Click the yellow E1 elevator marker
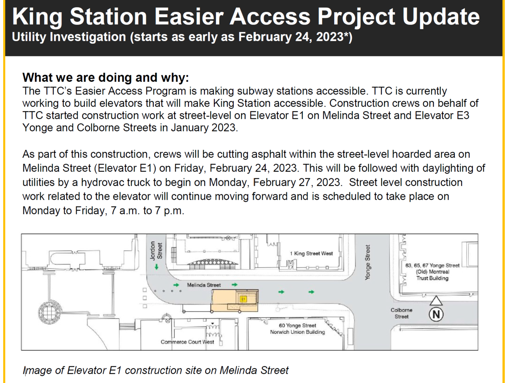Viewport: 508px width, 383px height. tap(243, 299)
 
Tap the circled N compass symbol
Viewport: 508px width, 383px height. tap(436, 315)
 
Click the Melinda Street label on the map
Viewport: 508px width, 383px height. tap(204, 285)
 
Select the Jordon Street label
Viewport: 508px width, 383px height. tap(156, 250)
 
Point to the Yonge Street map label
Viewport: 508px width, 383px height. tap(368, 263)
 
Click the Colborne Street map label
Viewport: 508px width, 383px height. tap(402, 313)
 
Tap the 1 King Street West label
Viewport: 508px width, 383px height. tap(311, 253)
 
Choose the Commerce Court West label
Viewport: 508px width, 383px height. tap(187, 342)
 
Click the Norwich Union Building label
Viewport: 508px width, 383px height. tap(298, 332)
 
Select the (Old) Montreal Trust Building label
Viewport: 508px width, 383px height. tap(432, 275)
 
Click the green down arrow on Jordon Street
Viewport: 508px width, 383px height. tap(157, 267)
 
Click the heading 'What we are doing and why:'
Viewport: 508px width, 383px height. tap(106, 77)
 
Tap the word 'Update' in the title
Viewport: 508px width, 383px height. tap(441, 17)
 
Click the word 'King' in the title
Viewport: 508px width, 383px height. tap(37, 17)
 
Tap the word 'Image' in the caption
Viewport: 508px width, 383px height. tap(37, 370)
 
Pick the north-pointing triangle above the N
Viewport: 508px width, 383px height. tap(436, 300)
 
